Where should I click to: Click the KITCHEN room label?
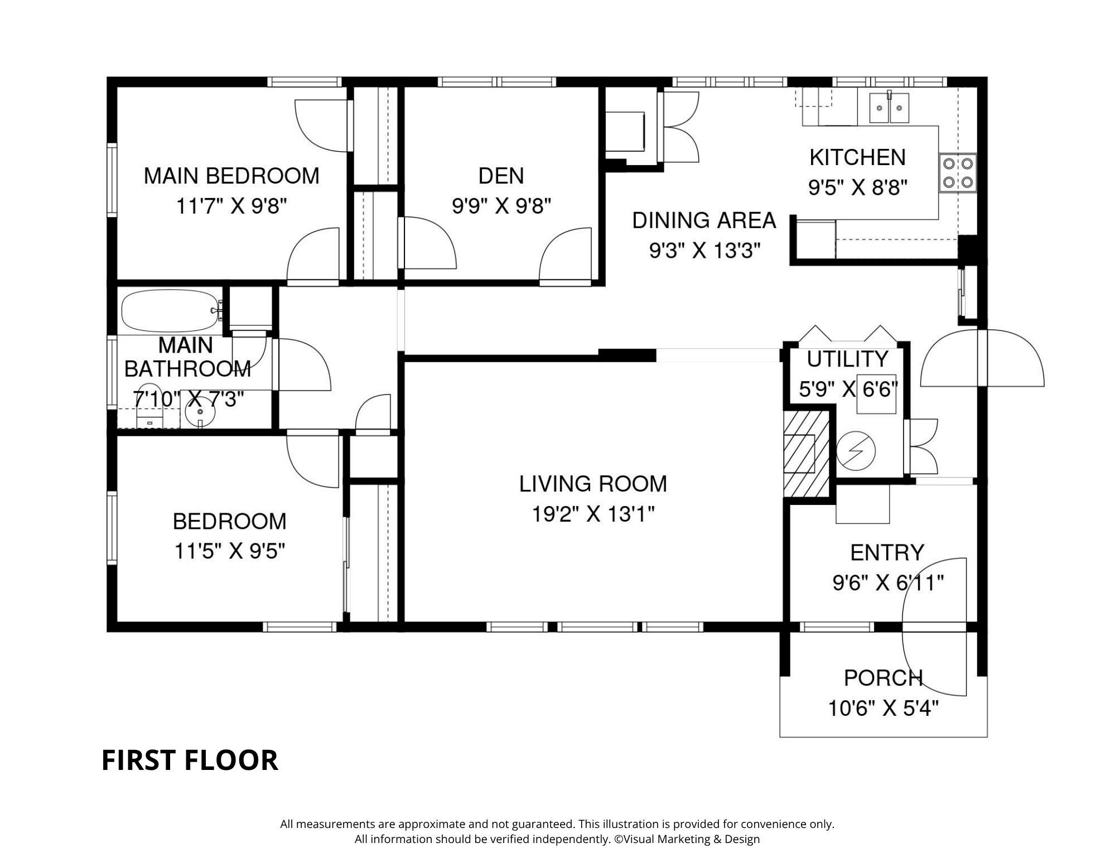coord(857,157)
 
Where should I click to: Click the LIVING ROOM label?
coord(592,484)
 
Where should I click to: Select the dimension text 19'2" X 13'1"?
coord(592,514)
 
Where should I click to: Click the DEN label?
coord(501,176)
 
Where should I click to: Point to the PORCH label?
coord(882,678)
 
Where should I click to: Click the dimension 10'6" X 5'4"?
coord(882,709)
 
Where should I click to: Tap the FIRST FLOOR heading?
coord(190,760)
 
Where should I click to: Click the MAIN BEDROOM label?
coord(231,176)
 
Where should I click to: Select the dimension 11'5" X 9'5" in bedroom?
coord(230,551)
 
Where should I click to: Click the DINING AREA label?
coord(704,220)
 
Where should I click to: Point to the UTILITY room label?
coord(847,359)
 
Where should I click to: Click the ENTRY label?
coord(887,552)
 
